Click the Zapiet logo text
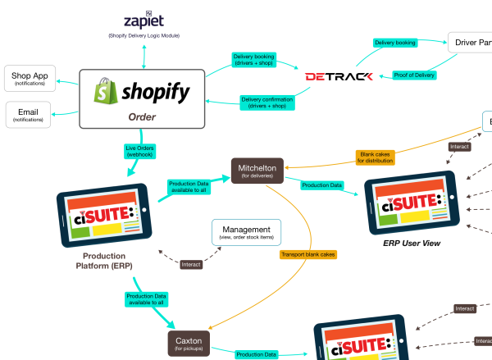[x=143, y=20]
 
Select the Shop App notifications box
[x=30, y=80]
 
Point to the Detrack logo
[x=339, y=76]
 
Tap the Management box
[x=246, y=233]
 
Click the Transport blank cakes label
[x=308, y=254]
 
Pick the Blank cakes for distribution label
[x=376, y=157]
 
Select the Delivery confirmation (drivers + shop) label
[x=267, y=103]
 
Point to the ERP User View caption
[x=412, y=244]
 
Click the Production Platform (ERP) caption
[x=104, y=260]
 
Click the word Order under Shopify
[x=142, y=116]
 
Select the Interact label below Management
[x=191, y=264]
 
